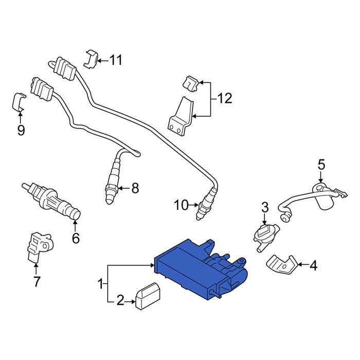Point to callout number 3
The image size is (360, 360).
[x=265, y=207]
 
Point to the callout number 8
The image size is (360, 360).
[x=135, y=189]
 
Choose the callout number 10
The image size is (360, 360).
[x=181, y=206]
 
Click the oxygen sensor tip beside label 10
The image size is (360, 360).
[x=202, y=210]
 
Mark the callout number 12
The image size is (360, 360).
[x=225, y=98]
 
